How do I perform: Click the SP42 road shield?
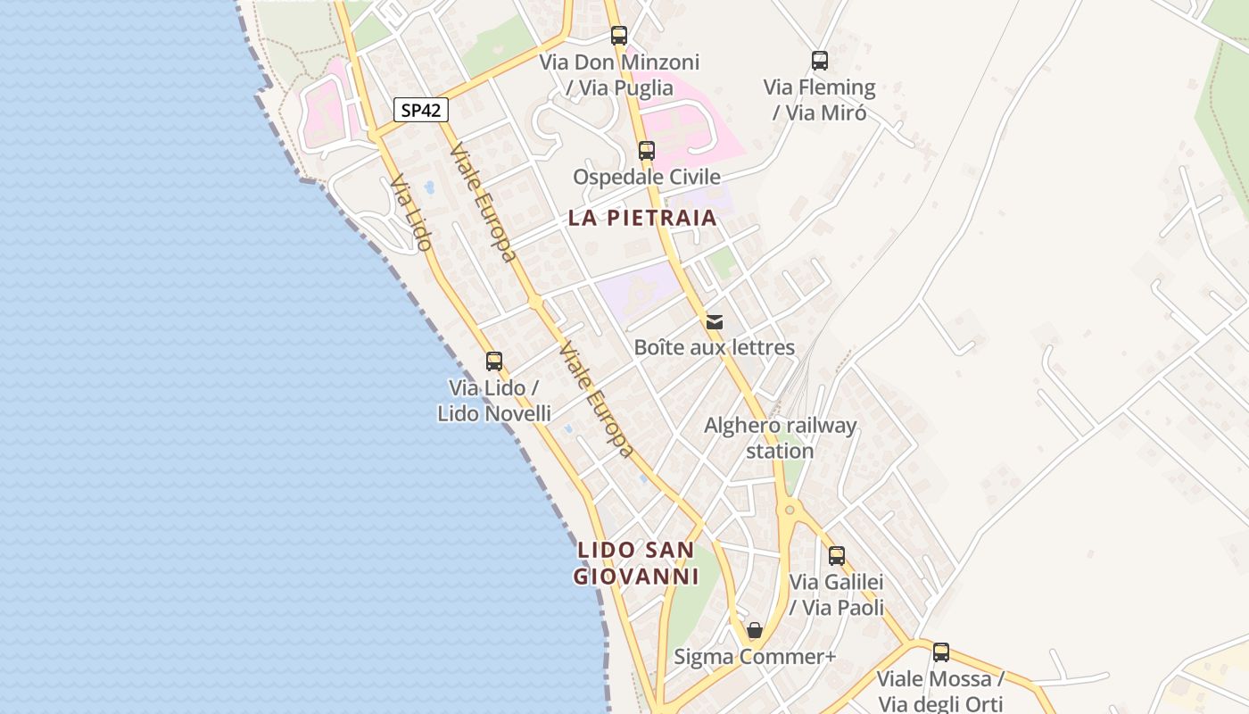point(421,111)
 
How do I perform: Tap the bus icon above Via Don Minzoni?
point(619,36)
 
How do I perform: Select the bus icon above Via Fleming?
point(820,61)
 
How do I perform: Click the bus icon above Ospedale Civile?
point(647,151)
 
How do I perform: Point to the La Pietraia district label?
point(642,218)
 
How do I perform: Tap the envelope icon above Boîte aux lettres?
point(715,322)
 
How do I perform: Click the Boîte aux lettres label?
point(715,347)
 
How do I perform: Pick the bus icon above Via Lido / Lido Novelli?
point(494,361)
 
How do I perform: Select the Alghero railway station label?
point(781,438)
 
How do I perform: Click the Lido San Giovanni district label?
point(636,563)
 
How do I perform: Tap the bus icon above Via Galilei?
point(837,556)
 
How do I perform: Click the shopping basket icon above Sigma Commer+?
point(755,631)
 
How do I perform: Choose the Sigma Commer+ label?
point(755,657)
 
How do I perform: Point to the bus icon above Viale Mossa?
point(941,652)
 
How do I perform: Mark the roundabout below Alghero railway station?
point(789,511)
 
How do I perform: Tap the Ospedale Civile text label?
point(647,177)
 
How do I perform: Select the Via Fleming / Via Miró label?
point(820,100)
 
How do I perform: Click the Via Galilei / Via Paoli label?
point(837,595)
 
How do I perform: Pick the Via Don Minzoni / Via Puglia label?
point(619,75)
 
